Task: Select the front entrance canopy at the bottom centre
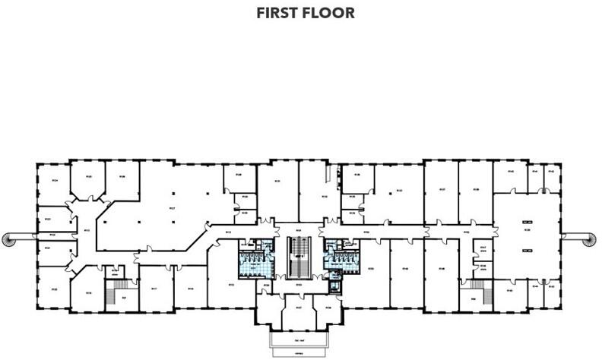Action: (x=299, y=343)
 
